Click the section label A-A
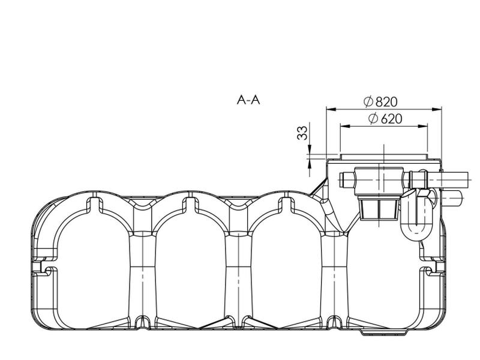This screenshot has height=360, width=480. (x=248, y=100)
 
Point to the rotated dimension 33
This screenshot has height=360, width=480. (x=302, y=133)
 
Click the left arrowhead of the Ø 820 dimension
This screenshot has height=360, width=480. (x=329, y=109)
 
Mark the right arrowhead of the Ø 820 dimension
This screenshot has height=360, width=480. (x=438, y=109)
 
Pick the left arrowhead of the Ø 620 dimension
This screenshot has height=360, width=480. (x=344, y=126)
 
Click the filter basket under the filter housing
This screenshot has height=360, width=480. (x=379, y=209)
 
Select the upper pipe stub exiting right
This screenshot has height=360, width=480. (x=455, y=178)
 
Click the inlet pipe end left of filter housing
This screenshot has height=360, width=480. (x=347, y=179)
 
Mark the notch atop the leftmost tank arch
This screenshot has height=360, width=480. (x=92, y=203)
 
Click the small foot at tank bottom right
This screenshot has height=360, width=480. (x=372, y=332)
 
